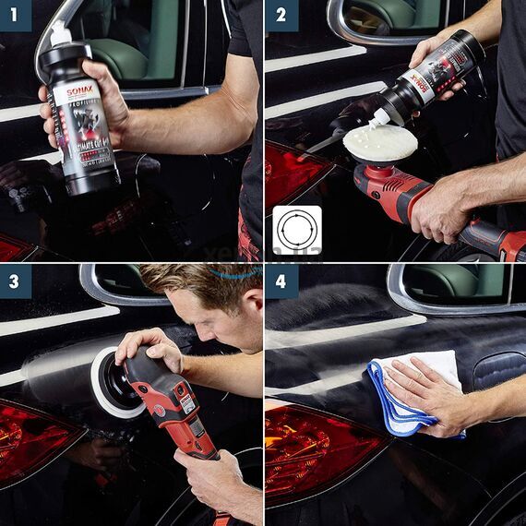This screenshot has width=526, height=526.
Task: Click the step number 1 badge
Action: [16, 16]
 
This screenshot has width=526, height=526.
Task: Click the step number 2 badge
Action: [281, 16]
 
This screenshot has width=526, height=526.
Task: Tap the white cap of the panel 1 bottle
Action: [59, 36]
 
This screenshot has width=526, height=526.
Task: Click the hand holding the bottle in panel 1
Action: [102, 111]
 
